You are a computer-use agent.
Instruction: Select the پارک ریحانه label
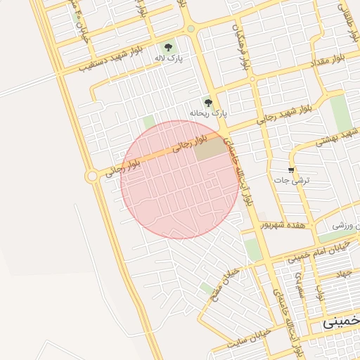pos(209,112)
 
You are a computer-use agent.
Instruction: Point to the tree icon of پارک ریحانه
pos(207,101)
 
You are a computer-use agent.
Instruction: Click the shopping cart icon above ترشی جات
pos(292,170)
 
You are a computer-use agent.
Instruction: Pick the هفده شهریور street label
pos(281,224)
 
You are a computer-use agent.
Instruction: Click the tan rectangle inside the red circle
pos(207,149)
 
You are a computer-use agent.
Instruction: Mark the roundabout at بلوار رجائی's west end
pos(91,176)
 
